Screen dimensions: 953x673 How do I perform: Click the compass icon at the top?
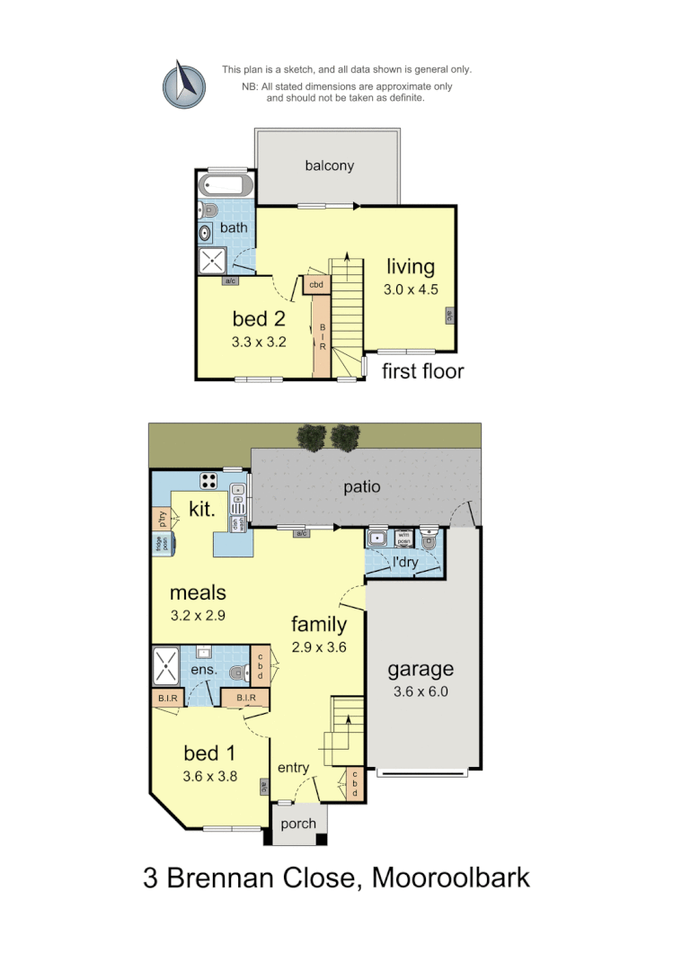pos(184,84)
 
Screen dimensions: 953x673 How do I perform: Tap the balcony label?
pos(329,165)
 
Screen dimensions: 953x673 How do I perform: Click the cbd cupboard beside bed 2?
pos(316,285)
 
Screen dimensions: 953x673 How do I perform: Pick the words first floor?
pos(422,370)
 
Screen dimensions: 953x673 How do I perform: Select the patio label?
pos(362,487)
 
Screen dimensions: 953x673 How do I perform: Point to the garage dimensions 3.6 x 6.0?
pos(420,691)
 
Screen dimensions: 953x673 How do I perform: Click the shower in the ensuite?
pos(165,666)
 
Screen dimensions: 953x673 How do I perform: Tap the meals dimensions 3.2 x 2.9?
pos(198,616)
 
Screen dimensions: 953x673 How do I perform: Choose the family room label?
pos(319,624)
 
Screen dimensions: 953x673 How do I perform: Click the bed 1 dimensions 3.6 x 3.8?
pos(210,777)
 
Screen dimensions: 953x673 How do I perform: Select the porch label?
pos(298,824)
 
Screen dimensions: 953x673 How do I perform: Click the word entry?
pos(293,767)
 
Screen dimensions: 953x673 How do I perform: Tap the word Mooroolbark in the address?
pos(451,877)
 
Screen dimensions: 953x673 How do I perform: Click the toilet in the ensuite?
pos(238,672)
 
